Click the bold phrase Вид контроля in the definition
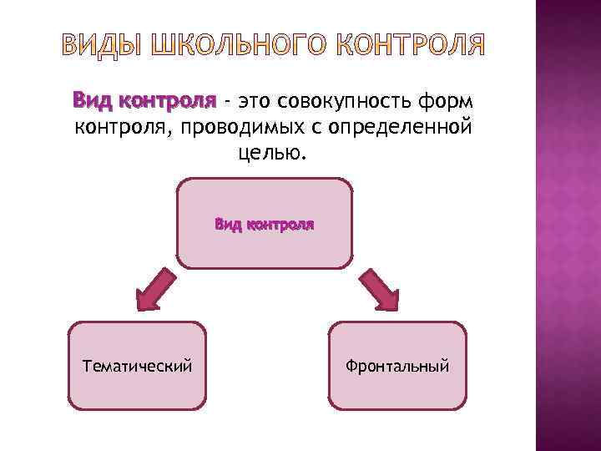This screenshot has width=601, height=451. click(144, 102)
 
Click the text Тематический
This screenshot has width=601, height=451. click(137, 365)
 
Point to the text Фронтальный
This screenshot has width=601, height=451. click(398, 365)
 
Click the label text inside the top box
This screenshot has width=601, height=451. click(264, 224)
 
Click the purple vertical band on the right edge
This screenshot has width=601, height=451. click(568, 225)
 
